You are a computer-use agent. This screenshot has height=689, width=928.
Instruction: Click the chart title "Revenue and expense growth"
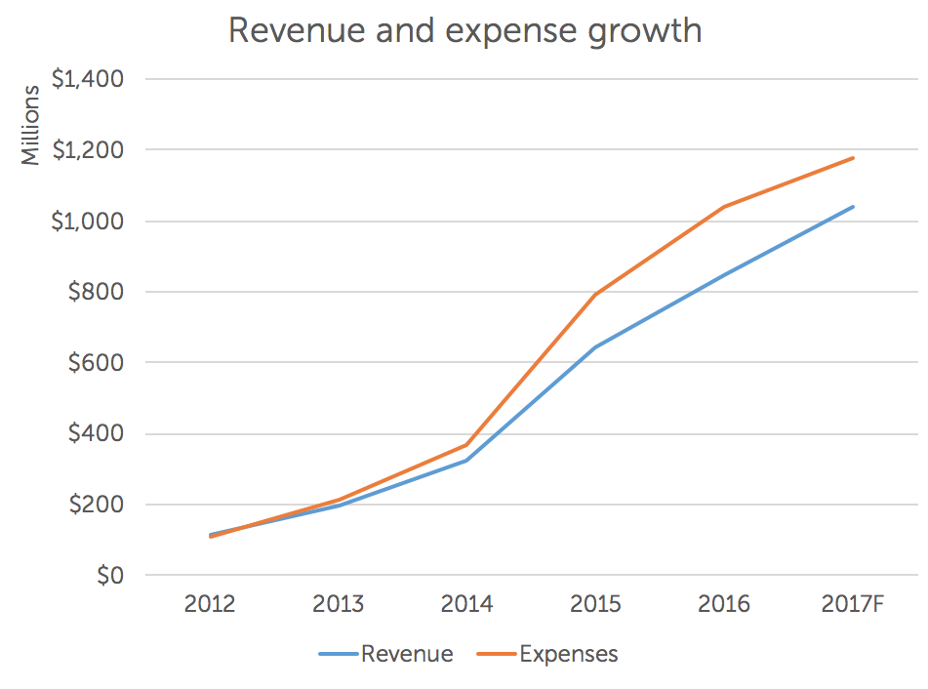(464, 30)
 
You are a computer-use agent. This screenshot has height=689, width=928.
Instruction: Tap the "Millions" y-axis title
(31, 125)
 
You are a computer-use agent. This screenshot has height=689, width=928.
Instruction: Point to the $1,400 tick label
(87, 79)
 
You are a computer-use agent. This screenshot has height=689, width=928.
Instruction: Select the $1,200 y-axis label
(87, 150)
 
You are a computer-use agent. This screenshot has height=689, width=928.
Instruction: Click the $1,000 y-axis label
(87, 222)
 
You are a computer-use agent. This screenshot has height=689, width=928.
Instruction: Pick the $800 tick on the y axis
(95, 292)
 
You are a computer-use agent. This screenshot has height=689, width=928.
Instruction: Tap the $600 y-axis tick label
(95, 363)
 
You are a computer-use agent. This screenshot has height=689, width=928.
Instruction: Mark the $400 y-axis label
(95, 434)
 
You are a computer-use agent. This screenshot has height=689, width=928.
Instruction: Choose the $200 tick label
(95, 506)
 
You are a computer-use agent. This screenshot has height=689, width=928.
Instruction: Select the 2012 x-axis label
(210, 605)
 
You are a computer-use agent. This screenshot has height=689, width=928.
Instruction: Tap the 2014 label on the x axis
(466, 605)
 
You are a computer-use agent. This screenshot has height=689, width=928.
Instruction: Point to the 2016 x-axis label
(724, 605)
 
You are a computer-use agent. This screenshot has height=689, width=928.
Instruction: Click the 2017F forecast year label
(853, 605)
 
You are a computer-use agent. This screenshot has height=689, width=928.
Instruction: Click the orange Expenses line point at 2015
(595, 294)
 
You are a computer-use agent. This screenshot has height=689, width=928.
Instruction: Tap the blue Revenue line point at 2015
(595, 346)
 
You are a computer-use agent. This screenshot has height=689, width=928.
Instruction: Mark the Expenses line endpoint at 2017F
(853, 158)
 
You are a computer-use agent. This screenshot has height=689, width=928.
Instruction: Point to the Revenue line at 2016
(724, 275)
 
